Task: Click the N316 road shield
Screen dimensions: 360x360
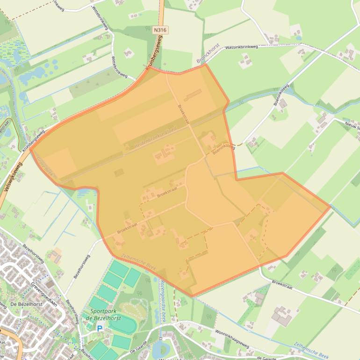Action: click(x=160, y=29)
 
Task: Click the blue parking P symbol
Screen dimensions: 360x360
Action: click(x=100, y=329)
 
